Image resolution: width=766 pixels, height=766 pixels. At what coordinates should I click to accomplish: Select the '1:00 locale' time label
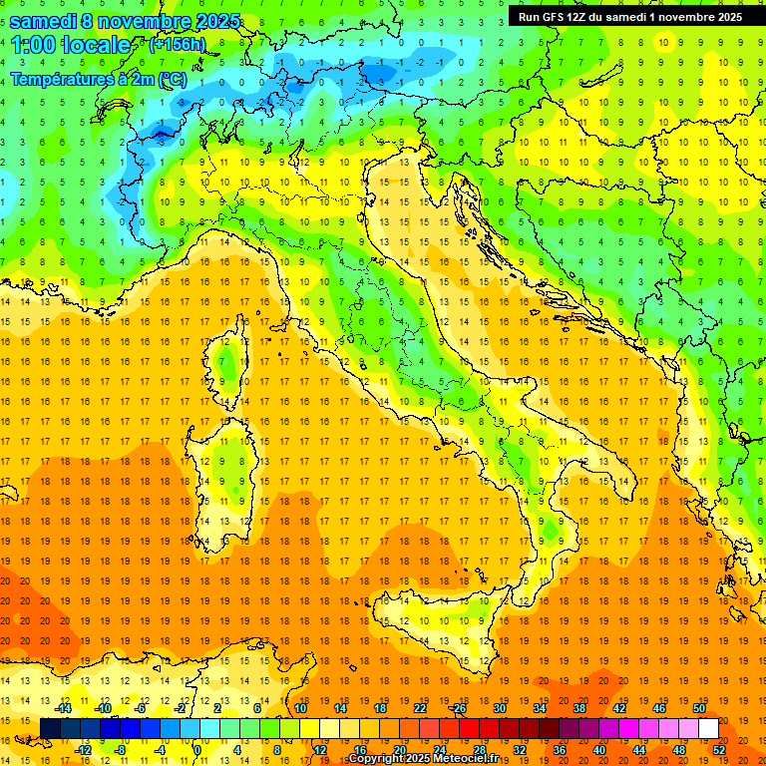click(70, 45)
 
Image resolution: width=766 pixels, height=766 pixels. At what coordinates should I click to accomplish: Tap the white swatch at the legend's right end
click(708, 728)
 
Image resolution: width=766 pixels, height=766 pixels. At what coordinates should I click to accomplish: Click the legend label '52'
click(719, 750)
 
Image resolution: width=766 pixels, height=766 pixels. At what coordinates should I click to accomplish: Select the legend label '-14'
click(63, 708)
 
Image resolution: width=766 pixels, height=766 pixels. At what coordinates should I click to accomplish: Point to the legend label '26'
click(459, 708)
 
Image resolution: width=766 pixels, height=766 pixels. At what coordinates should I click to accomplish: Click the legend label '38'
click(579, 708)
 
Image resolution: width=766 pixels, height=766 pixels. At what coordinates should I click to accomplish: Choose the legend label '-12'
click(83, 750)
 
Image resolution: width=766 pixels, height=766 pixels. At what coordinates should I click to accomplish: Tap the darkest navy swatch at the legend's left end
click(50, 728)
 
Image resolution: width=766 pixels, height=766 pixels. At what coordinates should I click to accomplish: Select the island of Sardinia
click(226, 469)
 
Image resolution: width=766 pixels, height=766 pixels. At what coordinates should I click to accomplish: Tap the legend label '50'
click(699, 708)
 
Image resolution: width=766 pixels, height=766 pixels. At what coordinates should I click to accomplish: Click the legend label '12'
click(319, 750)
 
